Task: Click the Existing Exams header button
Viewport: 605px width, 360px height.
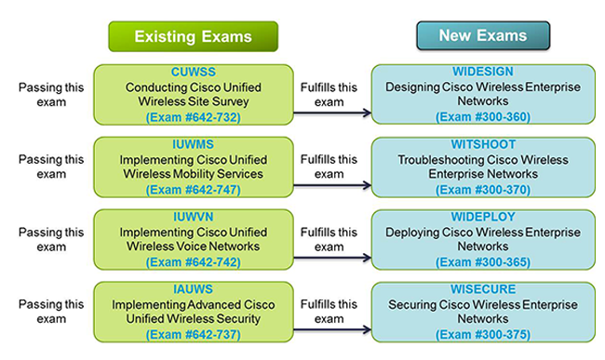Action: point(194,37)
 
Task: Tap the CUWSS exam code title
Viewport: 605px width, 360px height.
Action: point(193,72)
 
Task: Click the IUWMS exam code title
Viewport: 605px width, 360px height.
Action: point(193,145)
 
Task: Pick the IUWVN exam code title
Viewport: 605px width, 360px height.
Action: point(193,219)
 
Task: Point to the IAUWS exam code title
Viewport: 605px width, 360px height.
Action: point(193,290)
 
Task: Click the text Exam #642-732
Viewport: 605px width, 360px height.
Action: point(194,118)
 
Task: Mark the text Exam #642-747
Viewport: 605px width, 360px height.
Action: point(194,190)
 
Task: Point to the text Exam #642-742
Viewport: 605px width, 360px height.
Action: point(194,263)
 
